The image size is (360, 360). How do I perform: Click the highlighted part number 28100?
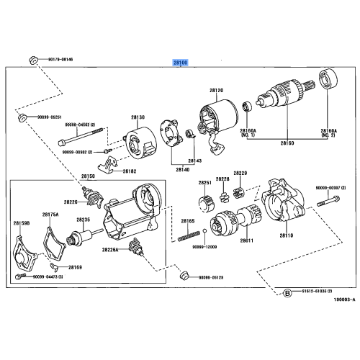pyautogui.click(x=179, y=63)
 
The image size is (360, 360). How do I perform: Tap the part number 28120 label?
pyautogui.click(x=216, y=91)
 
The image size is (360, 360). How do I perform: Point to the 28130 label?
pyautogui.click(x=138, y=117)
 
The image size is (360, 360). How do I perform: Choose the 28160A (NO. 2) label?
pyautogui.click(x=328, y=133)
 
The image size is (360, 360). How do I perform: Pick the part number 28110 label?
pyautogui.click(x=287, y=235)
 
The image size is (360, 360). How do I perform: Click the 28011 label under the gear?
pyautogui.click(x=247, y=239)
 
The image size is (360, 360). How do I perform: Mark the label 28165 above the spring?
pyautogui.click(x=188, y=220)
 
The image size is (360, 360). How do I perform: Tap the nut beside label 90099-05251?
pyautogui.click(x=22, y=116)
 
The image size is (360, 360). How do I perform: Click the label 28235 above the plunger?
pyautogui.click(x=83, y=220)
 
